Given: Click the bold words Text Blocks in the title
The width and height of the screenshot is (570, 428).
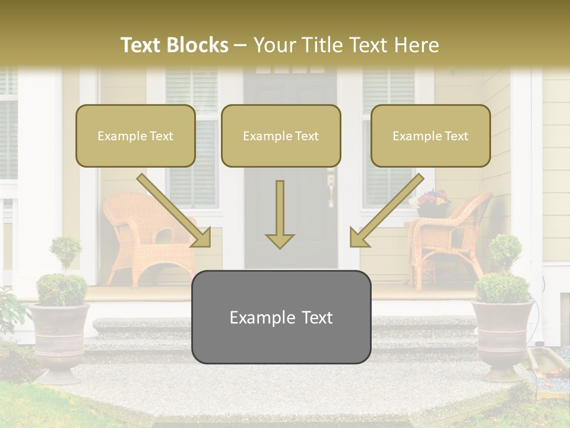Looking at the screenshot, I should (174, 45).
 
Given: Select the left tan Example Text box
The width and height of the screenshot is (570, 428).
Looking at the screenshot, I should (135, 136).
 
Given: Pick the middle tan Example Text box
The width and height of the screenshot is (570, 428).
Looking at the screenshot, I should (281, 136).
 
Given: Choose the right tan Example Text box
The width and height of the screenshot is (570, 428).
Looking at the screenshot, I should (430, 136).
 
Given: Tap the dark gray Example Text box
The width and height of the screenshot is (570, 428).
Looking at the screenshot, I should (281, 317).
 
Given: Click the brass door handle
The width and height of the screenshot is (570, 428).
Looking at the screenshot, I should (331, 191).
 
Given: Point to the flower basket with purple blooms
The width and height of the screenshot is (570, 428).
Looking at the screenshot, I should (432, 203).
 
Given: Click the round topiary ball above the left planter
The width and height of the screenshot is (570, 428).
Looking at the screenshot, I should (65, 250).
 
